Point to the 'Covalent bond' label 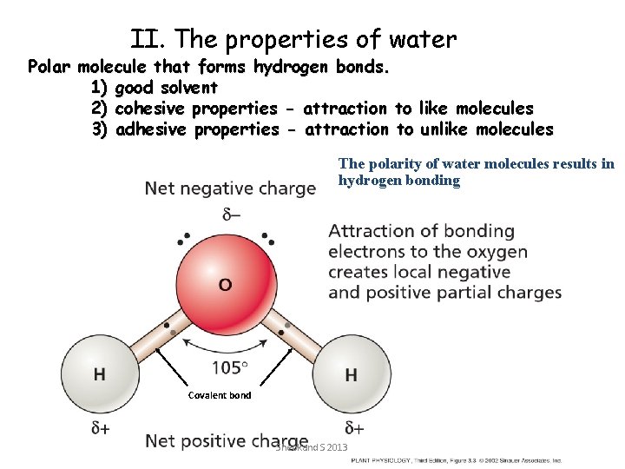(x=220, y=395)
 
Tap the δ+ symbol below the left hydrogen (x=101, y=428)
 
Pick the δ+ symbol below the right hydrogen (x=353, y=428)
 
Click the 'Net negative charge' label (x=230, y=188)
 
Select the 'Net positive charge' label (x=227, y=440)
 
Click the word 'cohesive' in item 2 (x=150, y=109)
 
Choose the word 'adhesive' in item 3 (x=151, y=129)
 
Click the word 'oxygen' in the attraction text (x=497, y=252)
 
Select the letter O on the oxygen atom (x=225, y=284)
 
